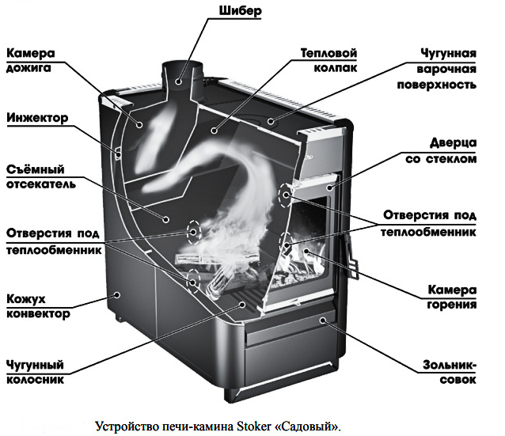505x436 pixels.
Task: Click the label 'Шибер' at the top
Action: click(x=241, y=11)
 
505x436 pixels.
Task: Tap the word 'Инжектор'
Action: click(x=37, y=118)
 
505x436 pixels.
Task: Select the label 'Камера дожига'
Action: click(x=31, y=61)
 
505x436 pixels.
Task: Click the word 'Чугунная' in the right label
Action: click(x=448, y=54)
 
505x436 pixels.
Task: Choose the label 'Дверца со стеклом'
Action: click(x=441, y=151)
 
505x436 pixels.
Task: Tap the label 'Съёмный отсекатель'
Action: click(x=41, y=176)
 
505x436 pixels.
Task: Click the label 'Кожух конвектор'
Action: click(x=38, y=306)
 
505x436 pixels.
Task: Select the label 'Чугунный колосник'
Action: click(x=35, y=372)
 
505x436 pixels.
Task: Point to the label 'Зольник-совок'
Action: click(x=450, y=372)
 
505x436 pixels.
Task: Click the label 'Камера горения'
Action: click(x=452, y=297)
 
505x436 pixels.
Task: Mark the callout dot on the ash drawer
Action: click(x=322, y=320)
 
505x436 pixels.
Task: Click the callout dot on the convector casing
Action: click(x=118, y=294)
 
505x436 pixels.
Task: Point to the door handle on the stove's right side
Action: click(x=352, y=258)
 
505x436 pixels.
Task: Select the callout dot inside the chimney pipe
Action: click(x=178, y=82)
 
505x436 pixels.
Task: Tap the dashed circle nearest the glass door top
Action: click(x=285, y=195)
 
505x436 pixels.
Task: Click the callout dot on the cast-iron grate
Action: click(x=242, y=304)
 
